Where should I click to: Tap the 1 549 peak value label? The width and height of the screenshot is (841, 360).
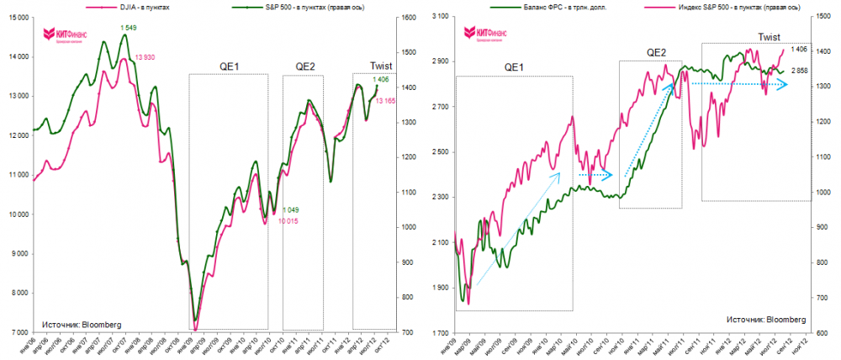(128, 28)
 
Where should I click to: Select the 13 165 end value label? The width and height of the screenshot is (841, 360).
(386, 101)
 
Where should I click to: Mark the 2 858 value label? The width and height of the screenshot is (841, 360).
(800, 71)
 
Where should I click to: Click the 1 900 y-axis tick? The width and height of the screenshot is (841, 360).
(438, 288)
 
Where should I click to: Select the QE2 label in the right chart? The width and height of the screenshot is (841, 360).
(657, 52)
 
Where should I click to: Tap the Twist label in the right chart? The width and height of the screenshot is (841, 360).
(769, 37)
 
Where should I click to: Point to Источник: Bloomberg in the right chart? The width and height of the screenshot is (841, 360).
(766, 320)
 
